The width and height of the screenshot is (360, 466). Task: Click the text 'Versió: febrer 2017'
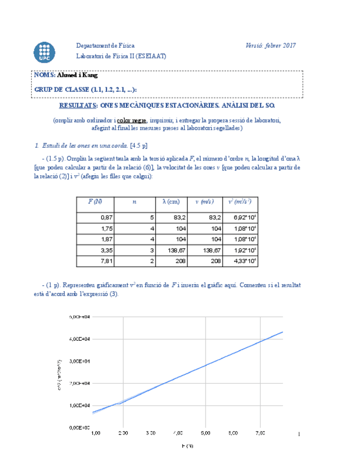click(x=271, y=46)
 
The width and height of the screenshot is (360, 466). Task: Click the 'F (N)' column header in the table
click(x=95, y=202)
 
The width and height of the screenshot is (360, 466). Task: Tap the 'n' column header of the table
click(x=134, y=202)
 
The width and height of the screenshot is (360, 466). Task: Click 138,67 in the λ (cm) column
click(x=178, y=250)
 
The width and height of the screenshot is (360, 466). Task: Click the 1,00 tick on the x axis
click(x=95, y=433)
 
